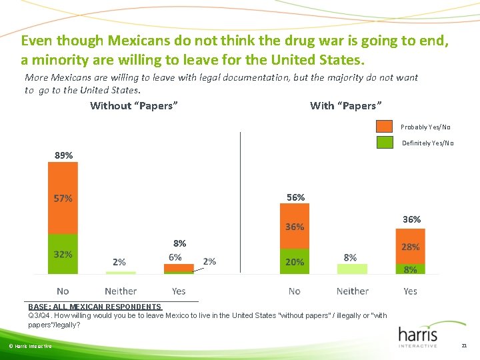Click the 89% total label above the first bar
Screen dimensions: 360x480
[63, 155]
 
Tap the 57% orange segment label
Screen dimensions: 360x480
[63, 198]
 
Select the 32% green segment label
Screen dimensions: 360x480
[63, 254]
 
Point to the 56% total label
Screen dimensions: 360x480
[295, 197]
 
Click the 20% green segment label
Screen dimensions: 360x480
[295, 262]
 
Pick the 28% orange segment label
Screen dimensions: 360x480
[410, 247]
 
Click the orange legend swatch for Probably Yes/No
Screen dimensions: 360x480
[385, 126]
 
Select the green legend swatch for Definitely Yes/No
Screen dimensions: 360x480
[385, 143]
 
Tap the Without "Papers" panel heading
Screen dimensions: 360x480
[133, 105]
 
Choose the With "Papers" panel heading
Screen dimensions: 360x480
[345, 105]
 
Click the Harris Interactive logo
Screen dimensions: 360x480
[418, 336]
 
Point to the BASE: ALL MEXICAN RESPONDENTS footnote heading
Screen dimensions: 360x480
[95, 307]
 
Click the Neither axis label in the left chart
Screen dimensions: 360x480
[121, 291]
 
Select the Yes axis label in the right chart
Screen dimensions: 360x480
[410, 291]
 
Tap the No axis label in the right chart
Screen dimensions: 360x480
[295, 291]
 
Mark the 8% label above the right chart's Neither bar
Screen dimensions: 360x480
[350, 257]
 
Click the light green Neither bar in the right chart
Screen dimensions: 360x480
[352, 269]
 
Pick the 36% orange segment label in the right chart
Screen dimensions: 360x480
[295, 227]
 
